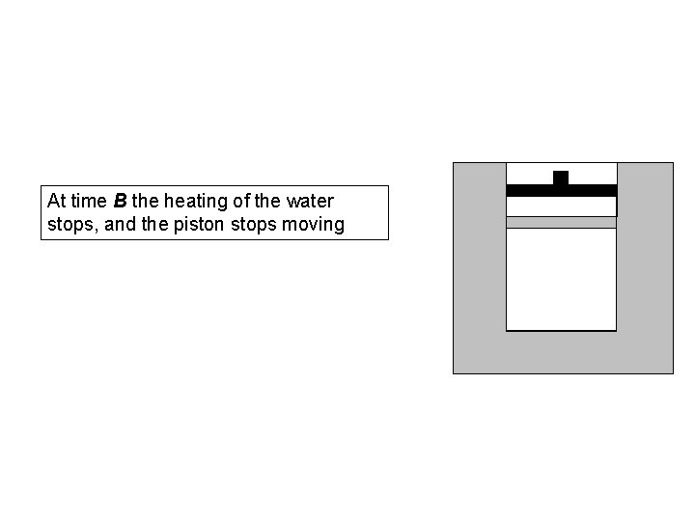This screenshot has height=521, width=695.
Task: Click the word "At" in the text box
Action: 56,202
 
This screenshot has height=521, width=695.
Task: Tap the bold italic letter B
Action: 120,202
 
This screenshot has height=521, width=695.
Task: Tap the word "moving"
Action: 315,225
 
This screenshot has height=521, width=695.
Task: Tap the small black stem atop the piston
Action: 561,177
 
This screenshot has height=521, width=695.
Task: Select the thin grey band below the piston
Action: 561,222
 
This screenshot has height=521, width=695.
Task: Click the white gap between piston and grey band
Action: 561,206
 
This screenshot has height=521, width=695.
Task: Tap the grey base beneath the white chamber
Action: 561,352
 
